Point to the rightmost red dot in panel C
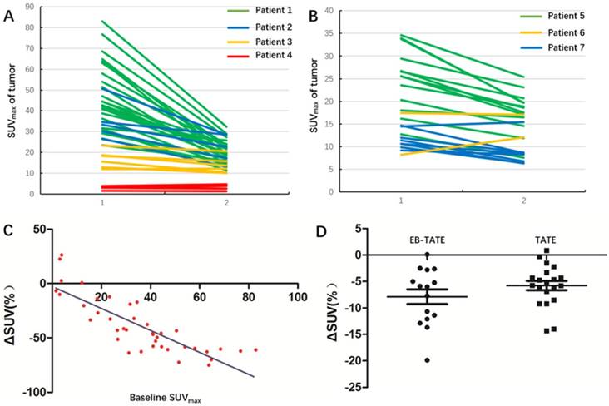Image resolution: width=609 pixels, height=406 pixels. pos(255,349)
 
